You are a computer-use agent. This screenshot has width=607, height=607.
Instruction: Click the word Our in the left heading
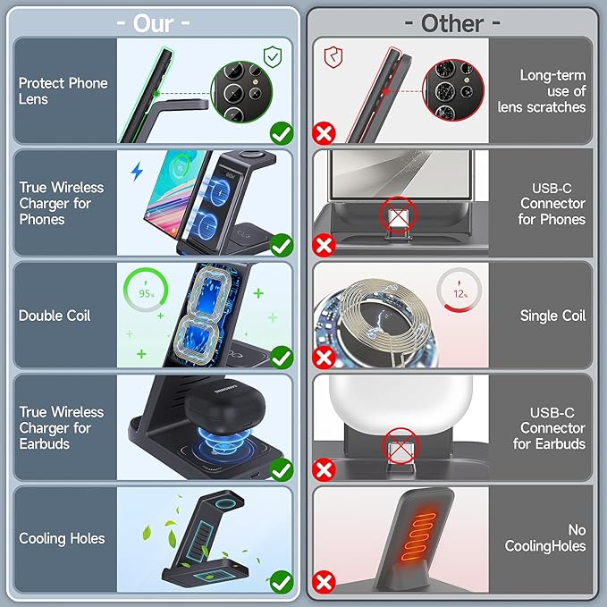[153, 23]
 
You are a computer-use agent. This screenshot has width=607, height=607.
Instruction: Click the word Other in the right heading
[452, 23]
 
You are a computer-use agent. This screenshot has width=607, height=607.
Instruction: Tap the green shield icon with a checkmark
[273, 56]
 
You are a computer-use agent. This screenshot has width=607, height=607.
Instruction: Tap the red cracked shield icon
[333, 57]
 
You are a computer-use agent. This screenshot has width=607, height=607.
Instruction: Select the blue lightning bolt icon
[137, 172]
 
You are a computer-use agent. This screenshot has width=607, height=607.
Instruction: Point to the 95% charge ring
[146, 290]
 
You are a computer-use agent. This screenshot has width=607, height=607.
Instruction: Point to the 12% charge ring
[459, 290]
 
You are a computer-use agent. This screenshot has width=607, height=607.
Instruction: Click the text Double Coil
[55, 316]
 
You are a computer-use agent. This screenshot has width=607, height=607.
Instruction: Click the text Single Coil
[552, 316]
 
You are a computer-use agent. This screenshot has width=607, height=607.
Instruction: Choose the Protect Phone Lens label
[63, 91]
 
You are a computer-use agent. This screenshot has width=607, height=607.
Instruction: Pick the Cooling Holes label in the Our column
[62, 538]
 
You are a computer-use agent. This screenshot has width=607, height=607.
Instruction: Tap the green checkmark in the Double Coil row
[282, 358]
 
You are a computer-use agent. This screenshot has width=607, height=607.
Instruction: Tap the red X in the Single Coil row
[324, 358]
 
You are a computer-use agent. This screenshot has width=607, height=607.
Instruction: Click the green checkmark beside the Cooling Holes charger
[282, 582]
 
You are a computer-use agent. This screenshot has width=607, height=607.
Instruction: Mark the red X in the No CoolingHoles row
[324, 582]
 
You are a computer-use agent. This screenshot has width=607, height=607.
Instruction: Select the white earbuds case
[400, 400]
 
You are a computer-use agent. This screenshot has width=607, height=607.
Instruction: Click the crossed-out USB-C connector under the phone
[398, 215]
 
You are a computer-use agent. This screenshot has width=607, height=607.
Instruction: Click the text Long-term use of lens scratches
[542, 91]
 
